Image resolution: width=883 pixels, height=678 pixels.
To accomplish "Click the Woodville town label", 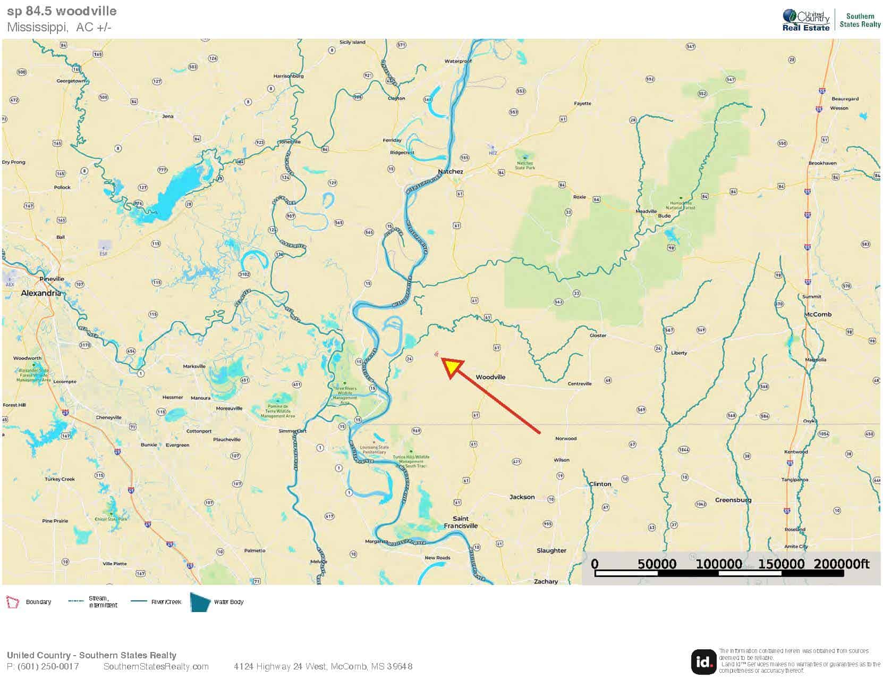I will pos(490,377).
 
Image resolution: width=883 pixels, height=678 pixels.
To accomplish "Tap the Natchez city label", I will pos(450,171).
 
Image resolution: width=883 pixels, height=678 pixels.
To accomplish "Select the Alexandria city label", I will pos(40,293).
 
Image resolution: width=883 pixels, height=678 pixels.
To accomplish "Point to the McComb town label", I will pos(818,314).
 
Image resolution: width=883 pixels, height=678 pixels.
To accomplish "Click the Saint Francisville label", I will pos(461,522).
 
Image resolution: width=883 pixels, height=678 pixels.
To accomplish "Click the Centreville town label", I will pos(580,383).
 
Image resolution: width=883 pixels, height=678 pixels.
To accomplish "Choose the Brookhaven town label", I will pos(822,163).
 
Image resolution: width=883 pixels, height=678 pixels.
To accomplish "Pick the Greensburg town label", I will pos(733,500).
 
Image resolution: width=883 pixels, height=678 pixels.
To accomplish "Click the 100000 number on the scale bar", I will pos(719,564).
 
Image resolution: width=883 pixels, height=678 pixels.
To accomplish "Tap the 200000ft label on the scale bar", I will pos(841,564).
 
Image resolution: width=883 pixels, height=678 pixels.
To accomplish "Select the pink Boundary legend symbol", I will pos(12,602).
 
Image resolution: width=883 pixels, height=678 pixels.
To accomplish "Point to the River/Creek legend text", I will pos(166,602).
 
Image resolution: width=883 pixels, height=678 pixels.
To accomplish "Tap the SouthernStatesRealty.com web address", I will pos(156,667).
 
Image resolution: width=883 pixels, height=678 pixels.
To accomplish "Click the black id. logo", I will pos(703,662).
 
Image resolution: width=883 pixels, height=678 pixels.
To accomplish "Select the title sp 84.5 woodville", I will pos(62,11).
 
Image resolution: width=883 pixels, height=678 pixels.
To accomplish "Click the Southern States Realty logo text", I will pos(860,20).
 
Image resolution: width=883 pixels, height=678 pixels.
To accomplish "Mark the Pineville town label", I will pos(52,279).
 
